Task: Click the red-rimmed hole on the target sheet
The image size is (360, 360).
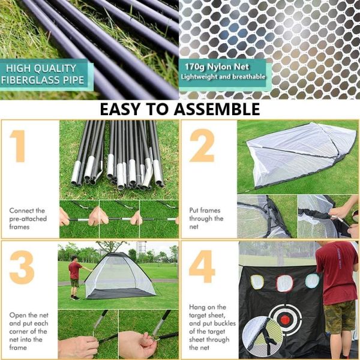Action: [x=284, y=282]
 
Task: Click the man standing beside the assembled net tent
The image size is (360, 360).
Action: [x=74, y=277]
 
